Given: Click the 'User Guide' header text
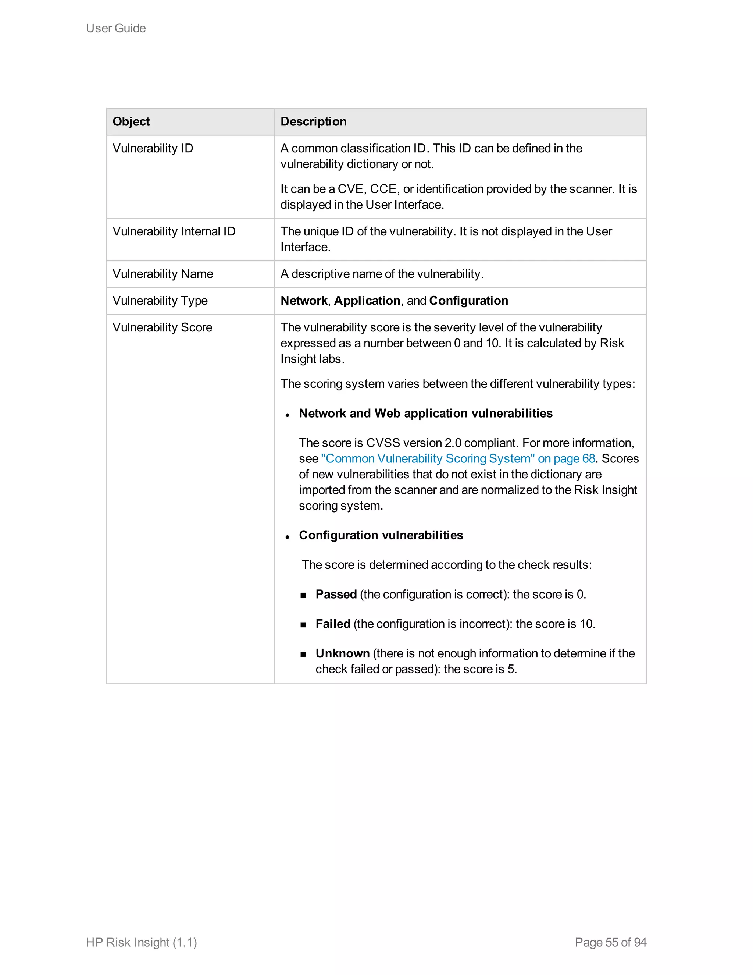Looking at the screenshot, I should point(115,28).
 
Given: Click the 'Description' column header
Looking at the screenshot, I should point(313,121).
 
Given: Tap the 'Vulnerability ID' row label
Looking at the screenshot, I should point(153,148).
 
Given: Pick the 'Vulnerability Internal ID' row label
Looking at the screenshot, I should point(174,231).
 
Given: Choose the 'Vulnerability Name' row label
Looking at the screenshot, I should point(163,274).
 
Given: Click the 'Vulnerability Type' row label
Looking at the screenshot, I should point(160,301).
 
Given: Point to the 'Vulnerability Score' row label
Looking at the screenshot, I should point(162,327).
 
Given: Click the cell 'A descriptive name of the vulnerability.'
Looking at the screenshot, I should point(382,274).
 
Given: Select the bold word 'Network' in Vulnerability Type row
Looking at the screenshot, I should point(304,301).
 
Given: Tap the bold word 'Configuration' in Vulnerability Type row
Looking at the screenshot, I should point(468,301).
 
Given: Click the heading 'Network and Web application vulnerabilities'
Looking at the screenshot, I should point(425,414).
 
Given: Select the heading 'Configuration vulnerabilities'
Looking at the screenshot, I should point(381,535).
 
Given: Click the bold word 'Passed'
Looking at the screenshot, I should point(336,594).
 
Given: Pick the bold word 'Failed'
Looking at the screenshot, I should point(333,624).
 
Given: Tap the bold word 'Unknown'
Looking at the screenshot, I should point(342,653).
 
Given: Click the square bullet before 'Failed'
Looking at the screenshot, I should point(303,625).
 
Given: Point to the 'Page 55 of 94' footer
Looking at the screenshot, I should point(610,942).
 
